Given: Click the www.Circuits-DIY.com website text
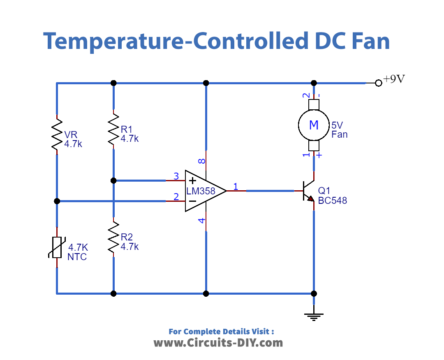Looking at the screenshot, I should [221, 343].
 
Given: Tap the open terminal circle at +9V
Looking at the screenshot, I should [378, 83].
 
